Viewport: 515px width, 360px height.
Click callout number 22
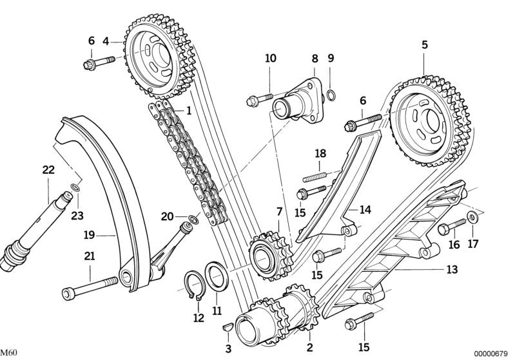(49, 170)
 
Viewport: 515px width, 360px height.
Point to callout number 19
(89, 234)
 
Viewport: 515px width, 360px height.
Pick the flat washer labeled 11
(216, 276)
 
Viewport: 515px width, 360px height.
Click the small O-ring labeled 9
(330, 97)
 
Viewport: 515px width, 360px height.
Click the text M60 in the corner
(9, 353)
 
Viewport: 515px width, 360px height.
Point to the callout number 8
(315, 58)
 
